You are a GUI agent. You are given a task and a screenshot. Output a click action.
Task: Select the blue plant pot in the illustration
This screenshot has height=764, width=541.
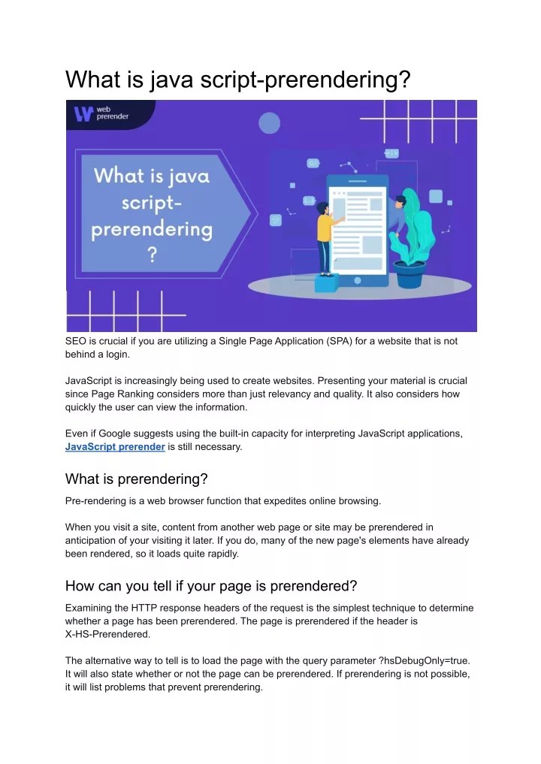click(410, 273)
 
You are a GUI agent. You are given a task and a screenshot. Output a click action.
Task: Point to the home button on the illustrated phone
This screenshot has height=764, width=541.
click(358, 278)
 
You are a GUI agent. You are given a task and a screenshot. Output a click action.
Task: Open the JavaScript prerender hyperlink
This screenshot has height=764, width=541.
click(115, 446)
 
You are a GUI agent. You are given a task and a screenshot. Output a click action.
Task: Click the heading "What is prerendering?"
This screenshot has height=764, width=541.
click(136, 479)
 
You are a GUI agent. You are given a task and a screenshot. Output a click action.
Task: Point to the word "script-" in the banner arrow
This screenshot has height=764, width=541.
click(152, 202)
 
